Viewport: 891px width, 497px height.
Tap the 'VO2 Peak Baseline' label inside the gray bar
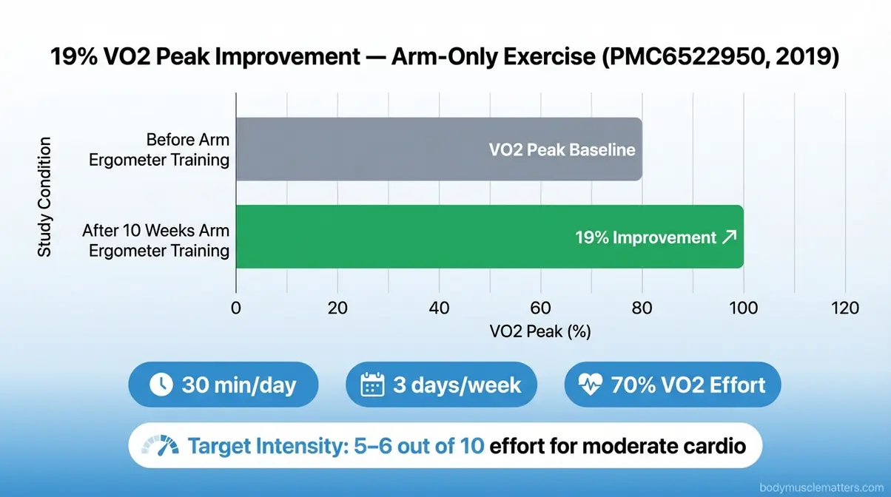click(562, 149)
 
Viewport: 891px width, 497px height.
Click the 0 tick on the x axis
click(236, 308)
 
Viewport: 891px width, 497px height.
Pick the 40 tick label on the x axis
click(440, 308)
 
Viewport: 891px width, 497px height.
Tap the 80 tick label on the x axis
click(642, 308)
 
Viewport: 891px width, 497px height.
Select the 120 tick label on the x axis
click(844, 308)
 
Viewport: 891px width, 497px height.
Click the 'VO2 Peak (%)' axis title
click(540, 332)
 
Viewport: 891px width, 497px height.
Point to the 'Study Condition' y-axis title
click(45, 196)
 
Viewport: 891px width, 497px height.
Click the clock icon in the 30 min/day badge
click(161, 385)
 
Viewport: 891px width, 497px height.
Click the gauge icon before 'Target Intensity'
click(161, 446)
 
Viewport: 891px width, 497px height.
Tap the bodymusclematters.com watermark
click(821, 487)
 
